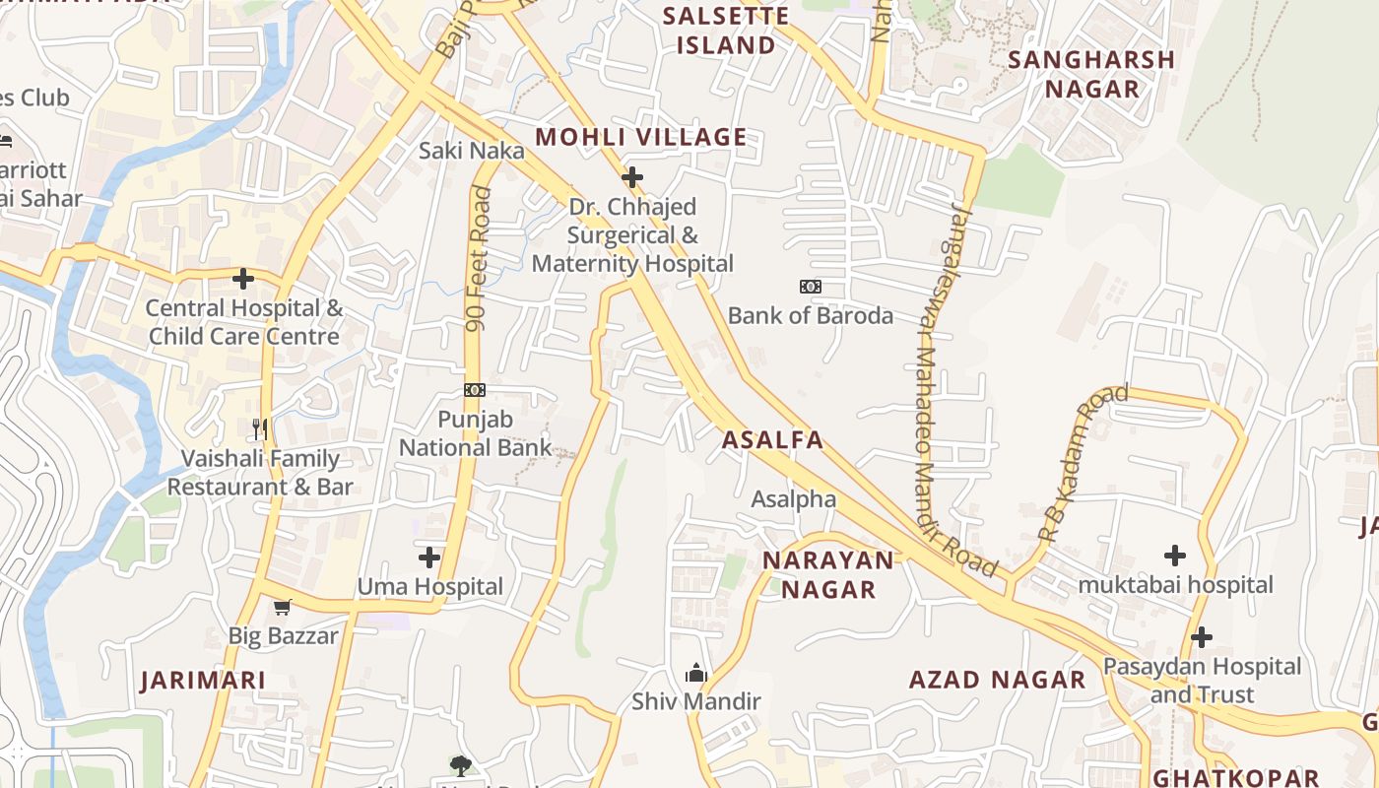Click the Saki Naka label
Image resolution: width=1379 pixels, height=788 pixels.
pyautogui.click(x=471, y=151)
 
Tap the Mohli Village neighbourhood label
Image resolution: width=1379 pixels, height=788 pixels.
pyautogui.click(x=640, y=137)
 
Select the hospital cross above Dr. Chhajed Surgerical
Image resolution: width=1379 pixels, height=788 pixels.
pyautogui.click(x=632, y=177)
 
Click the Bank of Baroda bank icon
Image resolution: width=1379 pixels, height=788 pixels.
pyautogui.click(x=810, y=287)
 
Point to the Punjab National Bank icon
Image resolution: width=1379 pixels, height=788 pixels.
pyautogui.click(x=475, y=390)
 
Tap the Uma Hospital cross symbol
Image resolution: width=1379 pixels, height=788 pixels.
pyautogui.click(x=429, y=558)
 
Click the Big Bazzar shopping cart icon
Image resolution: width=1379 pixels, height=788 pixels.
pyautogui.click(x=283, y=607)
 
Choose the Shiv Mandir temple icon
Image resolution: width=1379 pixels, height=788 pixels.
pyautogui.click(x=696, y=674)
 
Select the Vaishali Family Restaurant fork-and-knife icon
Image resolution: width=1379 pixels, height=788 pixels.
pyautogui.click(x=260, y=428)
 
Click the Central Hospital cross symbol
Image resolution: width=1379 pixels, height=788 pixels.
pyautogui.click(x=243, y=279)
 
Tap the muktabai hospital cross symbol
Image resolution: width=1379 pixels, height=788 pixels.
pyautogui.click(x=1175, y=556)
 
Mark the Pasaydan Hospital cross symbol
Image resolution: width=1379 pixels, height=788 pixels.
pyautogui.click(x=1202, y=637)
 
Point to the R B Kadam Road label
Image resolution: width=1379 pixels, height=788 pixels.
pyautogui.click(x=1083, y=462)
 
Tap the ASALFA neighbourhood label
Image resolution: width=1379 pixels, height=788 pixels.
pyautogui.click(x=772, y=440)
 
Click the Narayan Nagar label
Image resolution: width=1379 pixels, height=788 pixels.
pyautogui.click(x=828, y=575)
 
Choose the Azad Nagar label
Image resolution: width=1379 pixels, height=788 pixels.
pyautogui.click(x=997, y=680)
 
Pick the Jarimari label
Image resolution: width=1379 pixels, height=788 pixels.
pyautogui.click(x=203, y=681)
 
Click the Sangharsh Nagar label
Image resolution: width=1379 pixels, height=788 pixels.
pyautogui.click(x=1091, y=74)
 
